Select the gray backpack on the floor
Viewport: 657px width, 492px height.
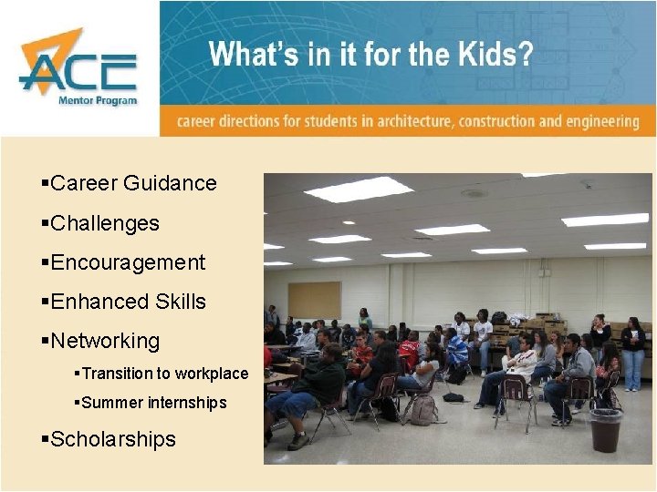422,409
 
